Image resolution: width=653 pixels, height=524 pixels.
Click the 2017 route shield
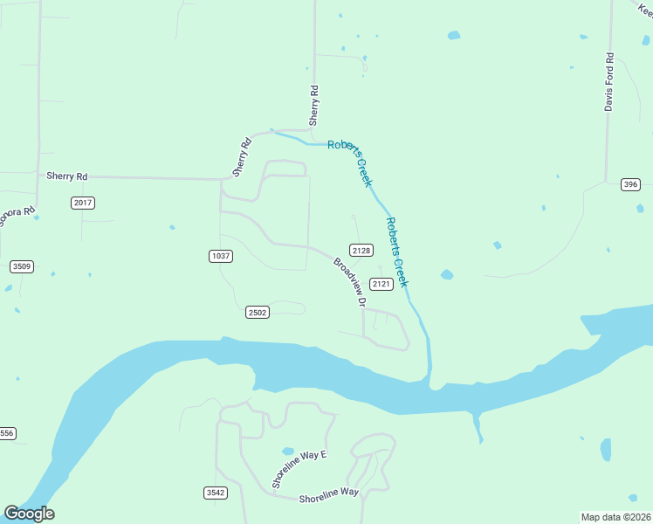83,203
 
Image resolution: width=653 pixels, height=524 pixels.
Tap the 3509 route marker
22,266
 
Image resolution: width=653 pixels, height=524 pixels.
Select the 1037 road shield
221,255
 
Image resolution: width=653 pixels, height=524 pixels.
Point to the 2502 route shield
258,312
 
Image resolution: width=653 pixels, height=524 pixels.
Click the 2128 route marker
362,250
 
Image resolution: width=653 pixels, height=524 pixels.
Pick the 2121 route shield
381,284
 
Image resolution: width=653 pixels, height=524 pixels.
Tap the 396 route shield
631,184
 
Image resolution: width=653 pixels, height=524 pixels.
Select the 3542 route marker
216,493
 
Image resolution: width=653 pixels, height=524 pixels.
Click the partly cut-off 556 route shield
7,433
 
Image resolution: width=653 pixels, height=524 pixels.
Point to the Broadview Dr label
349,281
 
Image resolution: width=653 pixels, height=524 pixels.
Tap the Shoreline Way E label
298,469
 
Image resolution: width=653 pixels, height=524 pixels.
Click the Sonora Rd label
17,216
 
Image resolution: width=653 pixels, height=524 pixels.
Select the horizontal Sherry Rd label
67,176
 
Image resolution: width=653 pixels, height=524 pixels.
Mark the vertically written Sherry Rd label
314,105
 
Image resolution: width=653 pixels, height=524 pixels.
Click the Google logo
29,514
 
